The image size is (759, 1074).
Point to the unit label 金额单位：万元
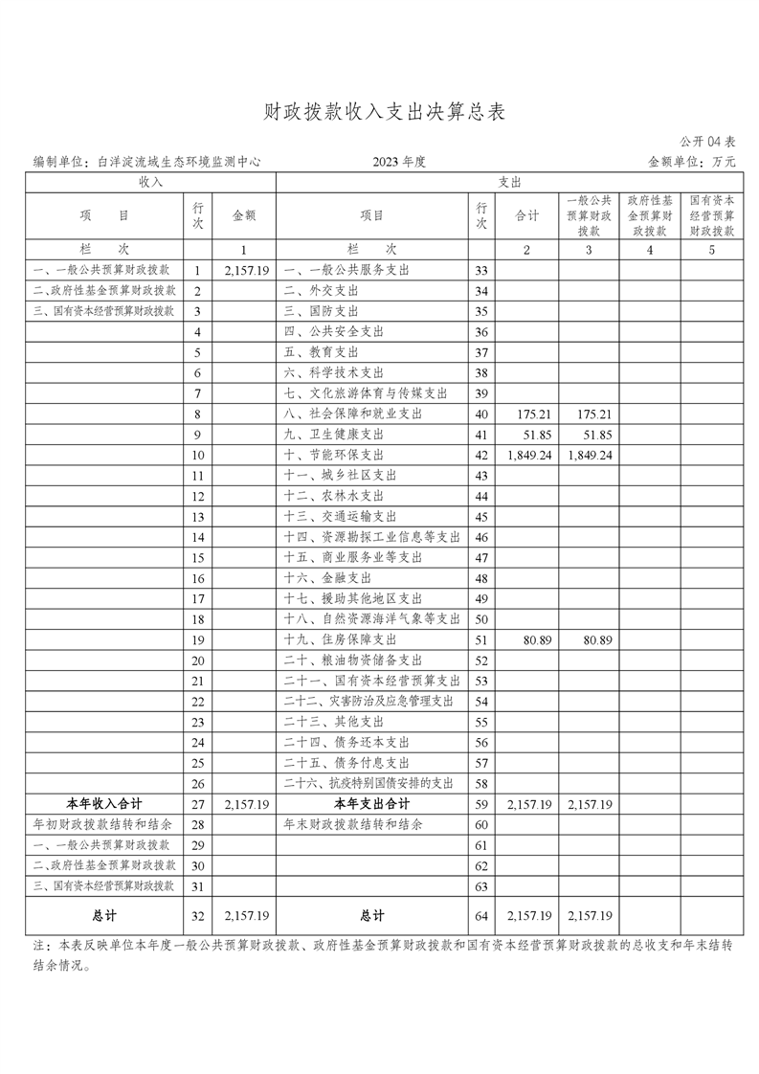tap(692, 163)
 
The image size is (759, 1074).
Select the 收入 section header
tap(150, 181)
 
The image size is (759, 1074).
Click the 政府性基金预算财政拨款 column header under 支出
tap(650, 215)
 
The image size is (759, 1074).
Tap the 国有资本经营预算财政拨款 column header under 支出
tap(711, 215)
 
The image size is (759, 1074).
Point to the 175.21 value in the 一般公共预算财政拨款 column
tap(589, 414)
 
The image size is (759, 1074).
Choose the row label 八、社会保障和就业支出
tap(352, 414)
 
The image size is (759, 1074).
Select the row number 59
tap(481, 804)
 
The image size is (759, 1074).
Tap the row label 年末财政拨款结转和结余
tap(353, 824)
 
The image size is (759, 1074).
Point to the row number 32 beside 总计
tap(198, 916)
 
